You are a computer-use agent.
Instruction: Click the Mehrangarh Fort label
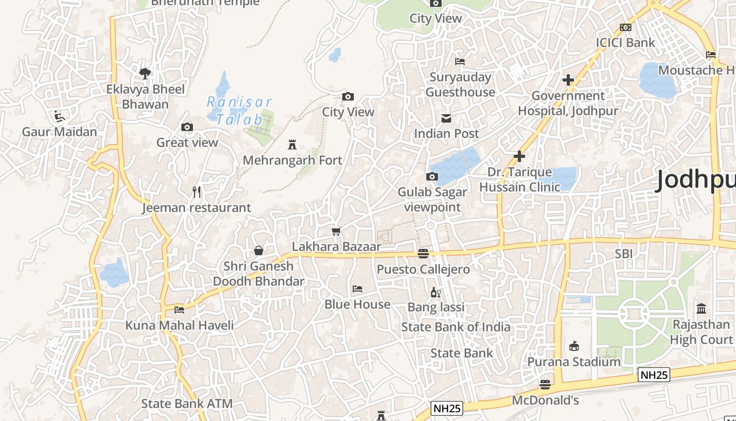click(292, 160)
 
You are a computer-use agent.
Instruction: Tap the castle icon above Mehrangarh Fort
click(292, 145)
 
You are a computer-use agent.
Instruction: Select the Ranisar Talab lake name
click(239, 111)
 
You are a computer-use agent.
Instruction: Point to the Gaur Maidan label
click(59, 132)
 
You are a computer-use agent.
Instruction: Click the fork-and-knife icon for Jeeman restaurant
click(197, 192)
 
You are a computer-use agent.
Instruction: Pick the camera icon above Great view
click(187, 127)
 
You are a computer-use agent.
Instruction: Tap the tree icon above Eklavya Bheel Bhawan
click(145, 73)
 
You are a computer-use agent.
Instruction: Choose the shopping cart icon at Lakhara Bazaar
click(336, 231)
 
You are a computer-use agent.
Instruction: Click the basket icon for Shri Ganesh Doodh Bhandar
click(258, 250)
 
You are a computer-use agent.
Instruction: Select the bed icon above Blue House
click(357, 289)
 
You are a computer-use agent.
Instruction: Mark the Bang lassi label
click(436, 307)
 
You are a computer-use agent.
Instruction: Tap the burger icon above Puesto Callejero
click(423, 254)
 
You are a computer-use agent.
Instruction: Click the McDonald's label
click(545, 400)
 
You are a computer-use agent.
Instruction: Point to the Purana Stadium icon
click(574, 346)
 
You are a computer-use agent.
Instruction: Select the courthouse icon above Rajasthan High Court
click(701, 308)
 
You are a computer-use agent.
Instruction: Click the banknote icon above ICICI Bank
click(625, 27)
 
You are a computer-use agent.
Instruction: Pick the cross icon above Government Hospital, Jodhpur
click(568, 80)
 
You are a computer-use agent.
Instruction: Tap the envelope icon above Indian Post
click(446, 118)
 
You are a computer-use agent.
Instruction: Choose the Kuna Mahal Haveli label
click(179, 325)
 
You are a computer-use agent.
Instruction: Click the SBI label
click(623, 254)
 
